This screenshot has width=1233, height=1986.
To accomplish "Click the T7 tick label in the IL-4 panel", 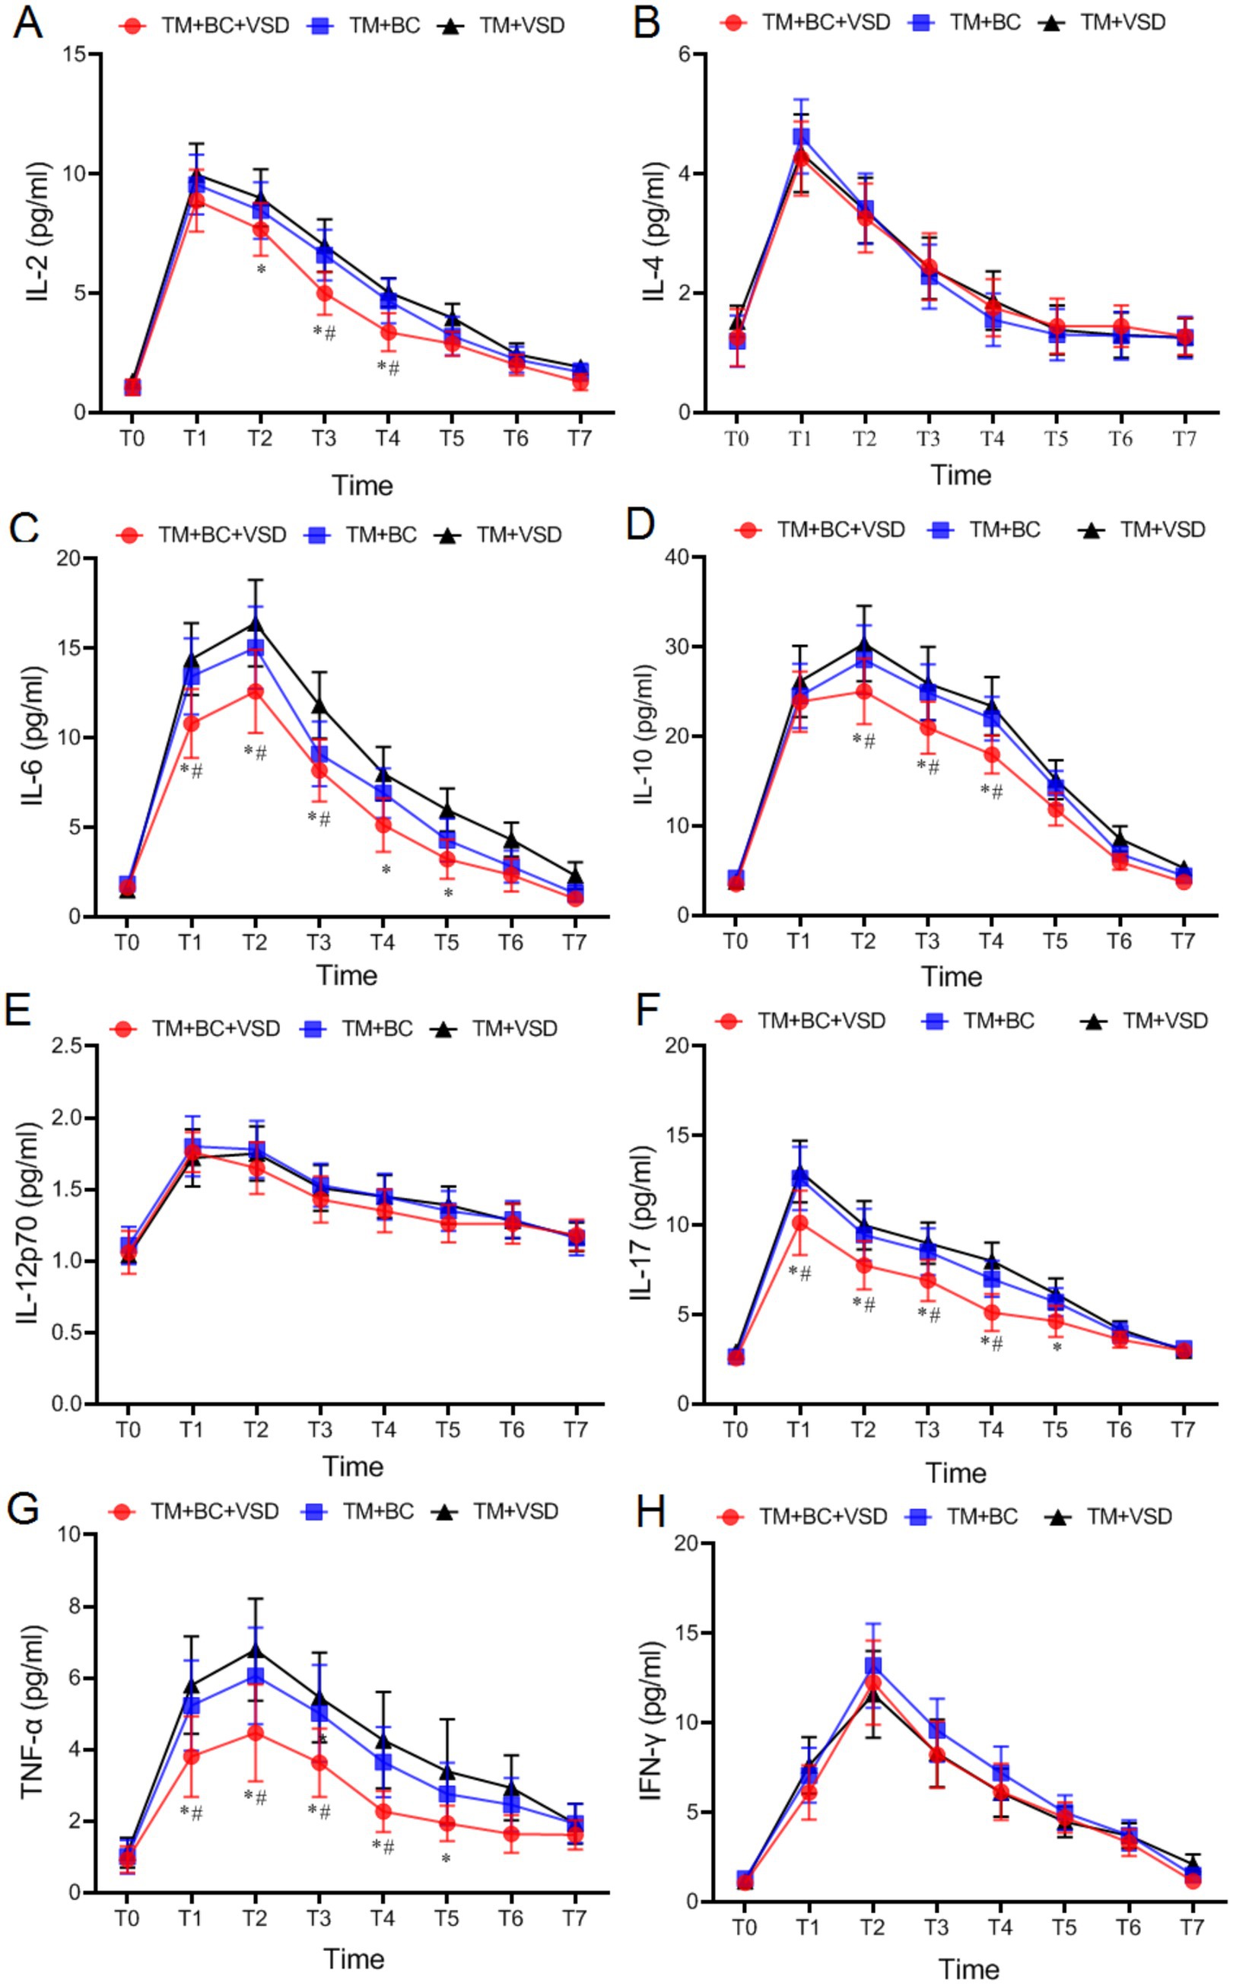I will [x=1184, y=439].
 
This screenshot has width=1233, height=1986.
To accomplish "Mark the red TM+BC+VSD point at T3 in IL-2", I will [x=324, y=294].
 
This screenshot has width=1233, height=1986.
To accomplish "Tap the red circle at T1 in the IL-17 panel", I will [x=800, y=1223].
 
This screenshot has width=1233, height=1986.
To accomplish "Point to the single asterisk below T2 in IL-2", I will [x=261, y=269].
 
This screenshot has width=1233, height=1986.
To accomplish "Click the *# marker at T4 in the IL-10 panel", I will [x=992, y=791].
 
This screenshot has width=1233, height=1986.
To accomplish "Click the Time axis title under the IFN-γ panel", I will [x=968, y=1970].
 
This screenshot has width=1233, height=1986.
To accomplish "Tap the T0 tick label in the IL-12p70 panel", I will [x=127, y=1431].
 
